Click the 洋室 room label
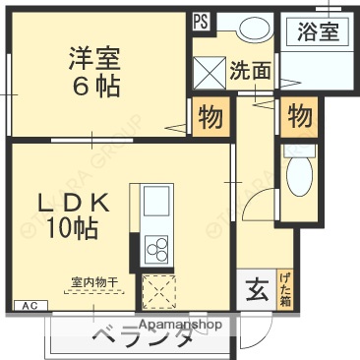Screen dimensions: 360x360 point(94,55)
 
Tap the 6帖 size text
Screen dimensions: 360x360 point(94,87)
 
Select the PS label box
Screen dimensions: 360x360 point(201,19)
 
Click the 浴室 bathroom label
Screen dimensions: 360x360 point(318,30)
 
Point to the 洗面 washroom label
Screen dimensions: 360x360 point(250,71)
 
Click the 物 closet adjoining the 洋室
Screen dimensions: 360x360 point(210,117)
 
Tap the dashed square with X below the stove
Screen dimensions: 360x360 point(157,291)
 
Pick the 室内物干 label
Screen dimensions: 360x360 point(93,283)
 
